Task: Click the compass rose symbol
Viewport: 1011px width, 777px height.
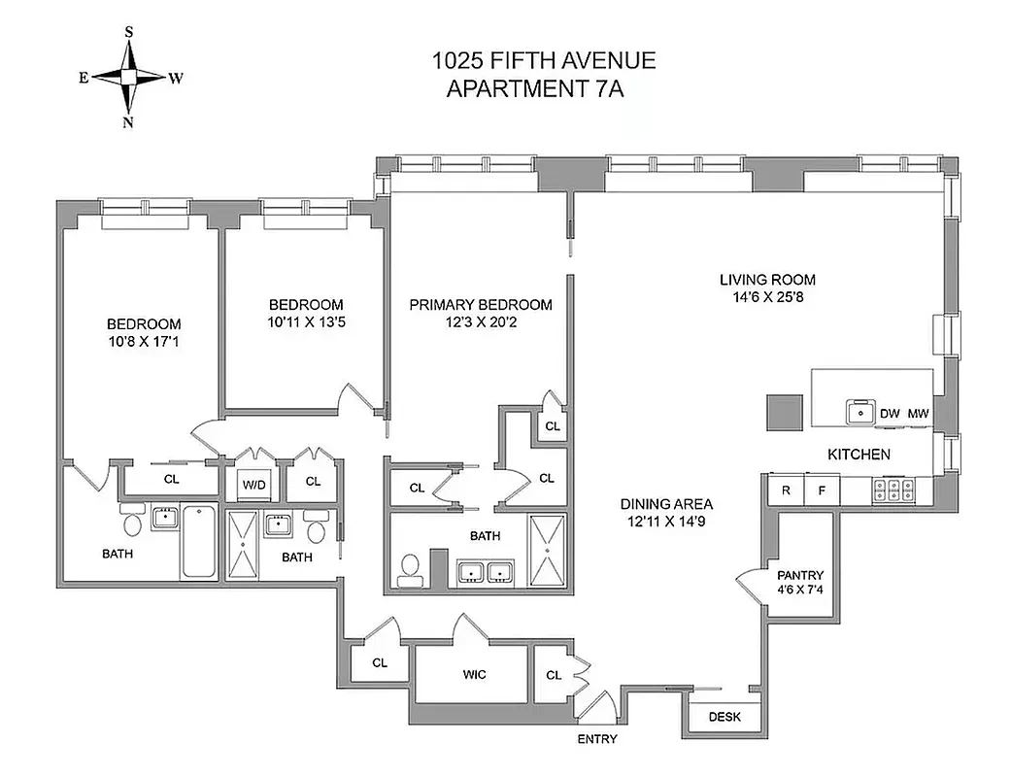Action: click(129, 78)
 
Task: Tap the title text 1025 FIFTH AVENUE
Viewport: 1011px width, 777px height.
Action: click(543, 61)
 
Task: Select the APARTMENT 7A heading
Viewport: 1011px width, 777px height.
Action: click(542, 89)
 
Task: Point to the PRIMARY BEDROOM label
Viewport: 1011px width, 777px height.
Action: click(480, 305)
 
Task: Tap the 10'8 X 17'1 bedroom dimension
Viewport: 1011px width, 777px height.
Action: click(144, 342)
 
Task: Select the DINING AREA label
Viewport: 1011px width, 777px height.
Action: click(667, 504)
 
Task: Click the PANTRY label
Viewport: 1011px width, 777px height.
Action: click(799, 575)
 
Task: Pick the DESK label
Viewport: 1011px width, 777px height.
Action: click(725, 718)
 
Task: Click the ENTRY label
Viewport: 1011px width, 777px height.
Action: click(597, 739)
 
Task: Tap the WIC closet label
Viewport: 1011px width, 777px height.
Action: click(474, 673)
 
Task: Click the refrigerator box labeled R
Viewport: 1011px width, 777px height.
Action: click(786, 490)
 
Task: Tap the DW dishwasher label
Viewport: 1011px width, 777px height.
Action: click(890, 414)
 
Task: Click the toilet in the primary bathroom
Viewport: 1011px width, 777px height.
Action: click(410, 569)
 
